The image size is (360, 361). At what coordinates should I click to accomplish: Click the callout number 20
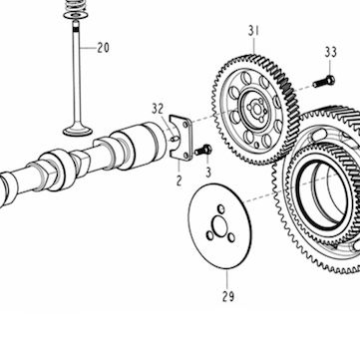(103, 48)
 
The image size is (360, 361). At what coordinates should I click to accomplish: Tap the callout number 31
(253, 31)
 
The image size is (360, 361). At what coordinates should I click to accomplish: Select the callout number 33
(331, 52)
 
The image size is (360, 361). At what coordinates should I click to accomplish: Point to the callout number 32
(159, 109)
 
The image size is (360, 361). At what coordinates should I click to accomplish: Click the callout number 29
(228, 296)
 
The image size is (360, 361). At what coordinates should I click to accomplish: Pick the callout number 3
(208, 173)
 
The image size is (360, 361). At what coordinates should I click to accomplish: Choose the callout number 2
(180, 180)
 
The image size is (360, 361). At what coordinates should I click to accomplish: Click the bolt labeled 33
(323, 82)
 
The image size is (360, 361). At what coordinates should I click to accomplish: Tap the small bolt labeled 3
(203, 151)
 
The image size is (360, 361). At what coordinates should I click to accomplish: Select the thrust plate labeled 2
(180, 138)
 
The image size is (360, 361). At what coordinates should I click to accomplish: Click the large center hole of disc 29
(220, 226)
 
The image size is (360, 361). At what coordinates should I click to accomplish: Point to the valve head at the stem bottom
(78, 131)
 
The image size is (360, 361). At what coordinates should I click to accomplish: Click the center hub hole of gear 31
(256, 108)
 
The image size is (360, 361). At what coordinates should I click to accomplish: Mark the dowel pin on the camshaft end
(174, 139)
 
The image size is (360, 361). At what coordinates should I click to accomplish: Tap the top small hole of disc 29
(221, 209)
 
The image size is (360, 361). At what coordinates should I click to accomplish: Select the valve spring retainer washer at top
(76, 15)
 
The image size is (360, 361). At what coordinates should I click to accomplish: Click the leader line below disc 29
(227, 279)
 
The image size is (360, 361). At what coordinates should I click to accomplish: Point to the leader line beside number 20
(88, 48)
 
